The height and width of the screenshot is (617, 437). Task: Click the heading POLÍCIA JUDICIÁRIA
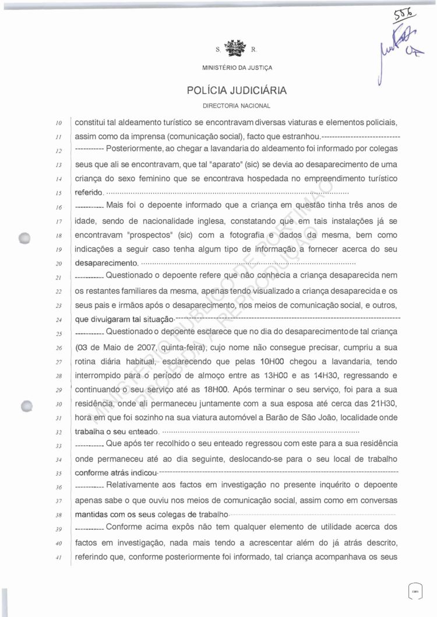237,91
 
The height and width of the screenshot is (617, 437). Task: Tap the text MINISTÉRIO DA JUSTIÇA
237,68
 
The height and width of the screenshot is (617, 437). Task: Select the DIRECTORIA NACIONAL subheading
237,106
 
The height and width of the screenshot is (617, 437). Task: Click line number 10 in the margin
58,123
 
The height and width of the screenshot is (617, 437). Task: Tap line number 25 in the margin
58,334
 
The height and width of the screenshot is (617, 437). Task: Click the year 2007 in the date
138,347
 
